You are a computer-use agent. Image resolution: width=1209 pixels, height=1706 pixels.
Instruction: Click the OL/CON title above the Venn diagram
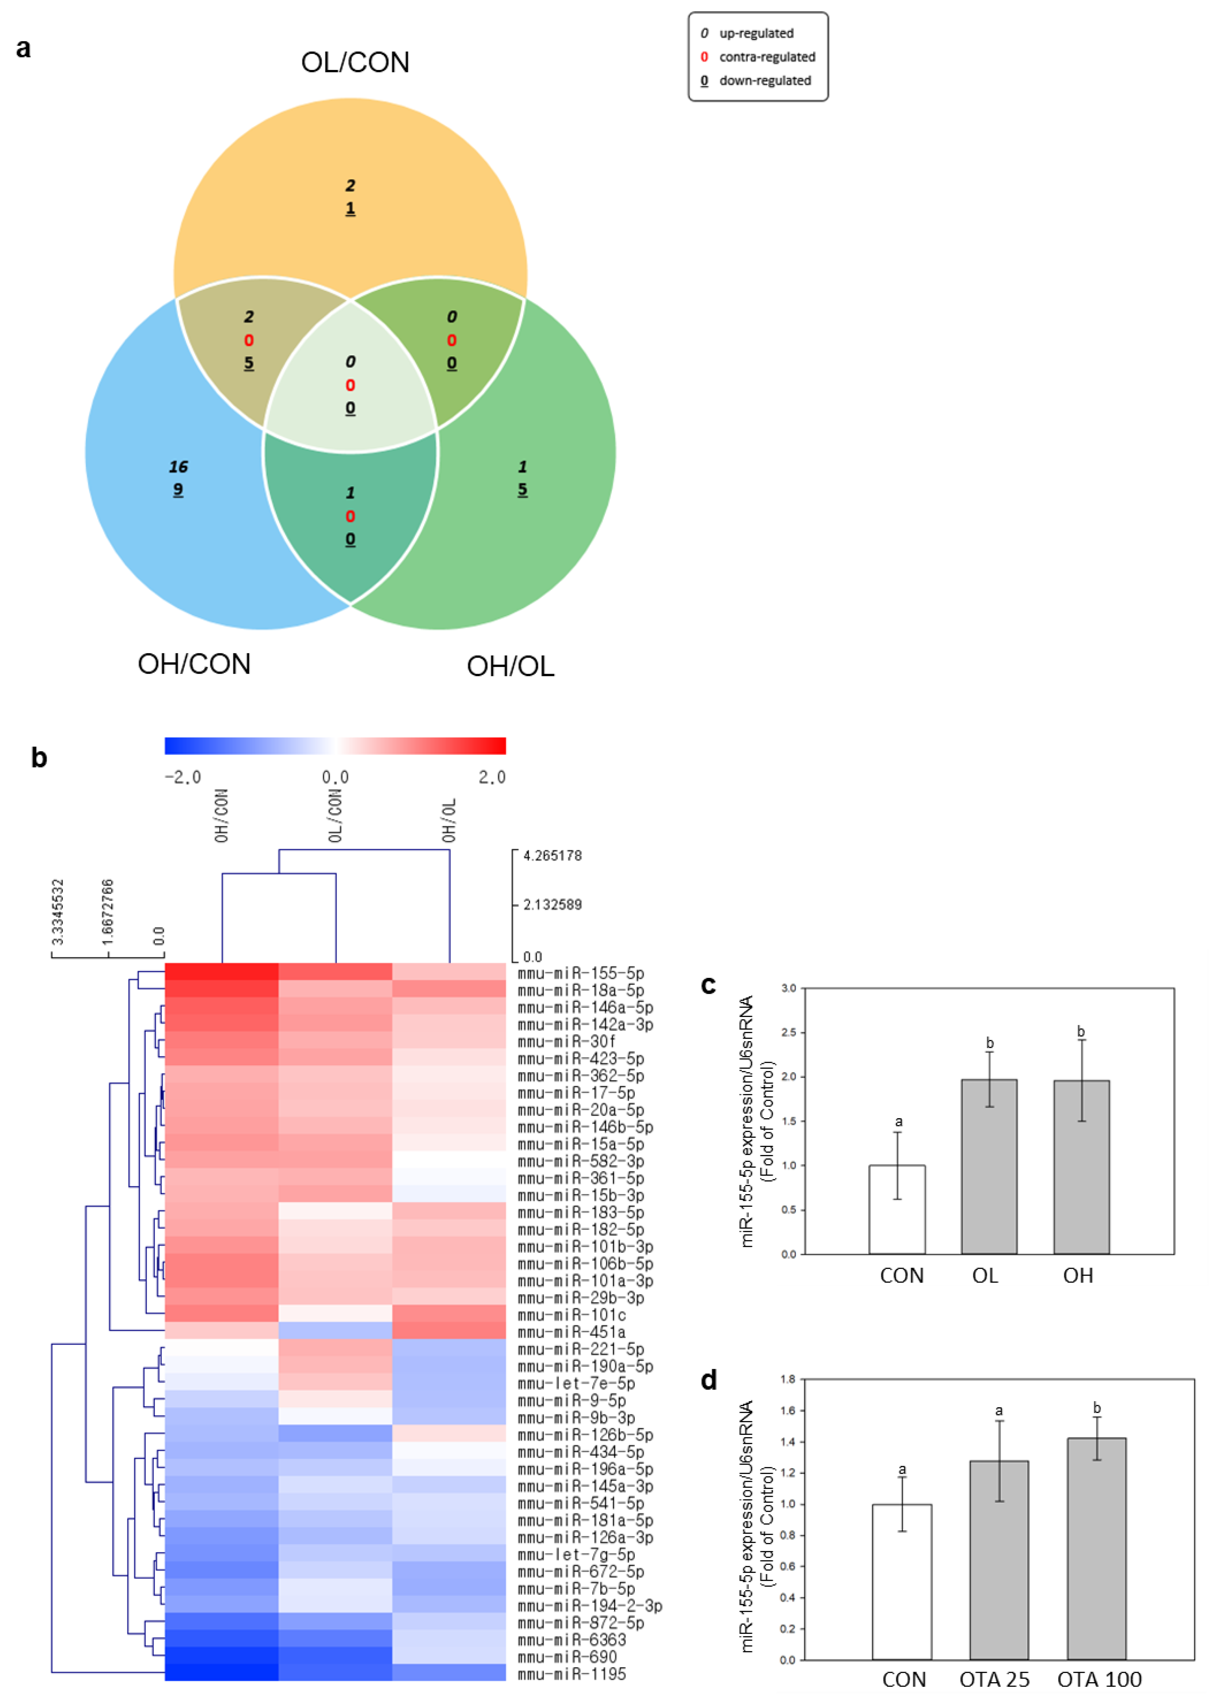[x=355, y=63]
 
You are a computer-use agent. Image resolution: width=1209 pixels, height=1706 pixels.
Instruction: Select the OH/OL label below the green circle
[x=511, y=666]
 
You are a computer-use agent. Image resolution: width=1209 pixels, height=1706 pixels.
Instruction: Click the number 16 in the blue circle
[x=178, y=467]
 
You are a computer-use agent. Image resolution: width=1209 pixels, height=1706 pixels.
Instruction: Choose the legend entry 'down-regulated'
[x=764, y=80]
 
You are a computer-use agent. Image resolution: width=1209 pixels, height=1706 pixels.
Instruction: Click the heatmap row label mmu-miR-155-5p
[x=581, y=973]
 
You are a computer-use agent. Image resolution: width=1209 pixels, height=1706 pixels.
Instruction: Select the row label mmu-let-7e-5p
[x=576, y=1383]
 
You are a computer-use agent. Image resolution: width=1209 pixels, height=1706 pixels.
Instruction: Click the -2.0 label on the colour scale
[x=183, y=777]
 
